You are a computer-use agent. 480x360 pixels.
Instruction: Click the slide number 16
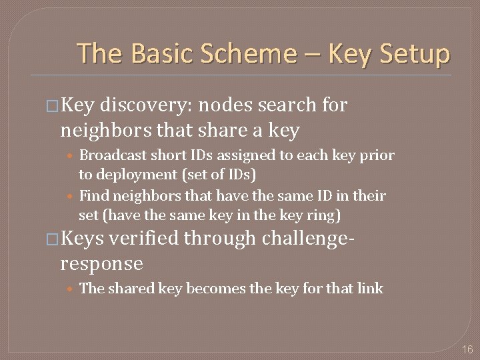[x=467, y=349]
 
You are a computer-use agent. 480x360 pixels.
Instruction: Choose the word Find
[x=94, y=196]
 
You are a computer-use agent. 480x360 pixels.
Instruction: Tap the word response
[x=101, y=263]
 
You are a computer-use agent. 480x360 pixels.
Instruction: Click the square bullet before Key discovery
[x=52, y=106]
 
